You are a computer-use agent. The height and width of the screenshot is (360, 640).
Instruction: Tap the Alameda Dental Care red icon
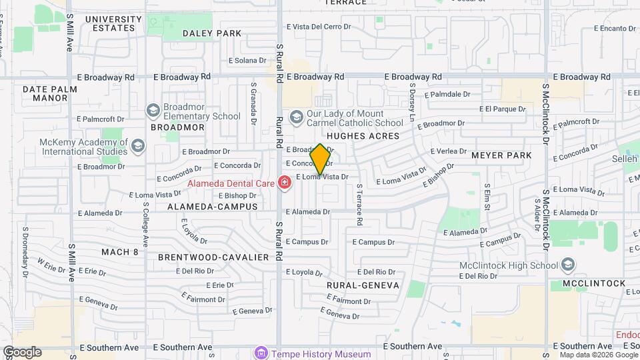point(285,182)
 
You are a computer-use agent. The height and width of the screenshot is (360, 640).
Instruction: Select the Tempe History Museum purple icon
point(261,353)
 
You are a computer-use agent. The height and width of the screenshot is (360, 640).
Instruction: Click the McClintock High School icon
point(567,265)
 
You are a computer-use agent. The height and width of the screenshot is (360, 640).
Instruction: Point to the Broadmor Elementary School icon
point(153,110)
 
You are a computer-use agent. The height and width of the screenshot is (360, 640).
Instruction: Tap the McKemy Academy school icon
point(137,146)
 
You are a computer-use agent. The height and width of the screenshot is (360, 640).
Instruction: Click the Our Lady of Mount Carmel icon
point(296,117)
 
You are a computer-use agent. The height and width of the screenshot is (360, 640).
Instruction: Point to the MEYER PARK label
point(501,155)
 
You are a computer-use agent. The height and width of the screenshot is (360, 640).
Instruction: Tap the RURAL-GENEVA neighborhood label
point(363,285)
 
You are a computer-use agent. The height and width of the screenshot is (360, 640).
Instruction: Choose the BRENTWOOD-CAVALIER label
point(213,257)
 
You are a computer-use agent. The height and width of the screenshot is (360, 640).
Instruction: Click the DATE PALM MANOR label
point(45,93)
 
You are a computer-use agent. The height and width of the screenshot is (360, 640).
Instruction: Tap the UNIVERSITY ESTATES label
point(114,24)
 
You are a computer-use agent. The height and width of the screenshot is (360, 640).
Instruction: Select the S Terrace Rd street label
point(359,204)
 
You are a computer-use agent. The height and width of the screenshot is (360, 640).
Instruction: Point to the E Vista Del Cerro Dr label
point(318,27)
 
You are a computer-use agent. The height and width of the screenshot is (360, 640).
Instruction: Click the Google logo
point(22,352)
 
